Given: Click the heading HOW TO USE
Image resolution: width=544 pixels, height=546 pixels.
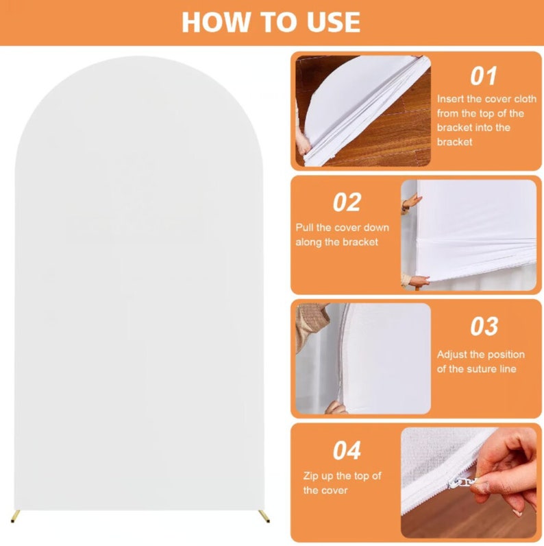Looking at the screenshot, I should pos(271,22).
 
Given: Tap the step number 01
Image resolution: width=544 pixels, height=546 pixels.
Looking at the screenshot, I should pos(484,76).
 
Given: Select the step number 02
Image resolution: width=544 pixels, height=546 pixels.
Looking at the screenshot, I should pos(347,202).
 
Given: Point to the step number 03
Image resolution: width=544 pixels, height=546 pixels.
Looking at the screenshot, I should pos(484,327).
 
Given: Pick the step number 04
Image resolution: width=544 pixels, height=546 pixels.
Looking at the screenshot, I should pos(347,451).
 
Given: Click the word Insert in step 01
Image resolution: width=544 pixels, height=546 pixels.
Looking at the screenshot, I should pos(450,99).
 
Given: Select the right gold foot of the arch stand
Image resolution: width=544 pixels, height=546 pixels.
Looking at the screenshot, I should pos(262,512).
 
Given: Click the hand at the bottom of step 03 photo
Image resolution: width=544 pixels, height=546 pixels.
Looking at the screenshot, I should pos(335,408).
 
